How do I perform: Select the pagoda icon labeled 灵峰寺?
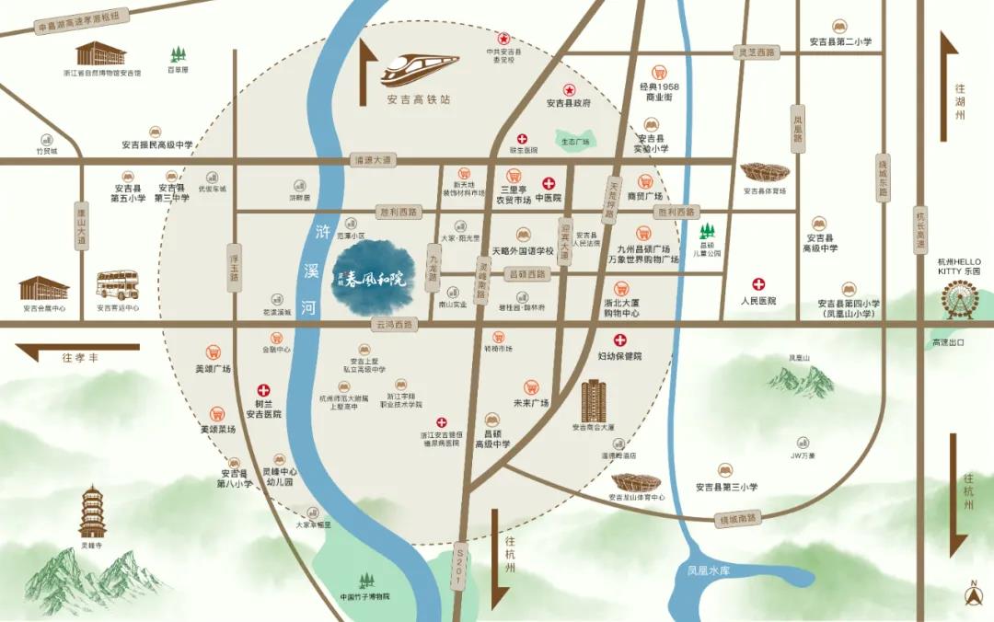pos(92,512)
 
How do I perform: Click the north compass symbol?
pos(972,594)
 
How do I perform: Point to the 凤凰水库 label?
pos(709,570)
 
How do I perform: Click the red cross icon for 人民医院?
pos(758,284)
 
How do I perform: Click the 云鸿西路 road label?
pos(395,325)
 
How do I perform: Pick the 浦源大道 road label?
pos(373,160)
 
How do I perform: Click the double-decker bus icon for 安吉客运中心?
pos(117,286)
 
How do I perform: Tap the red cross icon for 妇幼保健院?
pos(620,340)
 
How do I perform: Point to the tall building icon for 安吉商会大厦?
pos(594,399)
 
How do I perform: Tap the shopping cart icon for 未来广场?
pos(531,387)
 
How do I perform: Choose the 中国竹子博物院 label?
pos(364,596)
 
